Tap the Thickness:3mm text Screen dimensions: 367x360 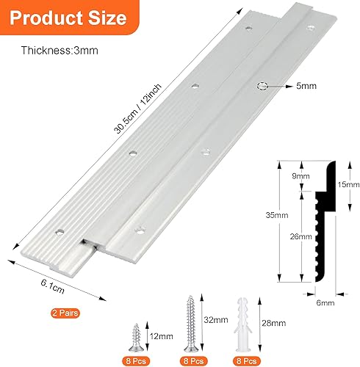tap(60, 51)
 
